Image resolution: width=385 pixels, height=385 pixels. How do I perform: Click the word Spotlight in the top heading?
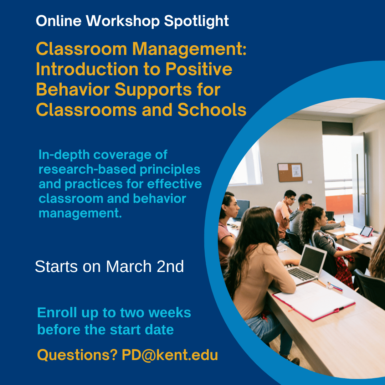click(196, 22)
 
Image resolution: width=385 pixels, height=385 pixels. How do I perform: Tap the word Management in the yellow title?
click(187, 49)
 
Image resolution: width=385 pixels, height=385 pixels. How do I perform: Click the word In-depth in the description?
click(62, 155)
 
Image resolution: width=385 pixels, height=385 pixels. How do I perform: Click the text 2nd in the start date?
click(170, 267)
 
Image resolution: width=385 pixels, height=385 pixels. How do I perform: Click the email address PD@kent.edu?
click(170, 355)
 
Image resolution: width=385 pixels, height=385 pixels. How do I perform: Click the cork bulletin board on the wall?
click(290, 172)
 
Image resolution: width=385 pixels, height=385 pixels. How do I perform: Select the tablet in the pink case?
click(366, 232)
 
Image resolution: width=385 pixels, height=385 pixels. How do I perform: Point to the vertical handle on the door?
click(358, 178)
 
